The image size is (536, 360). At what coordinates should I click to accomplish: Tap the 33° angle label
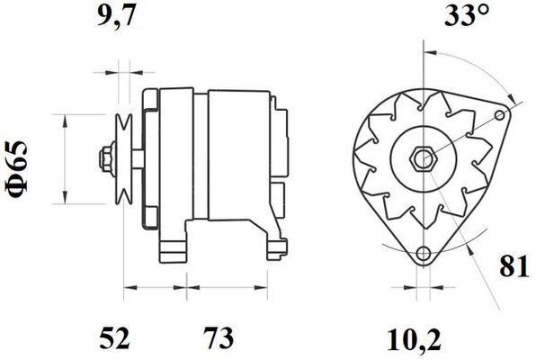coord(465,16)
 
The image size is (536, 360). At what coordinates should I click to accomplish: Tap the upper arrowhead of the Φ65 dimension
coord(65,121)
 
